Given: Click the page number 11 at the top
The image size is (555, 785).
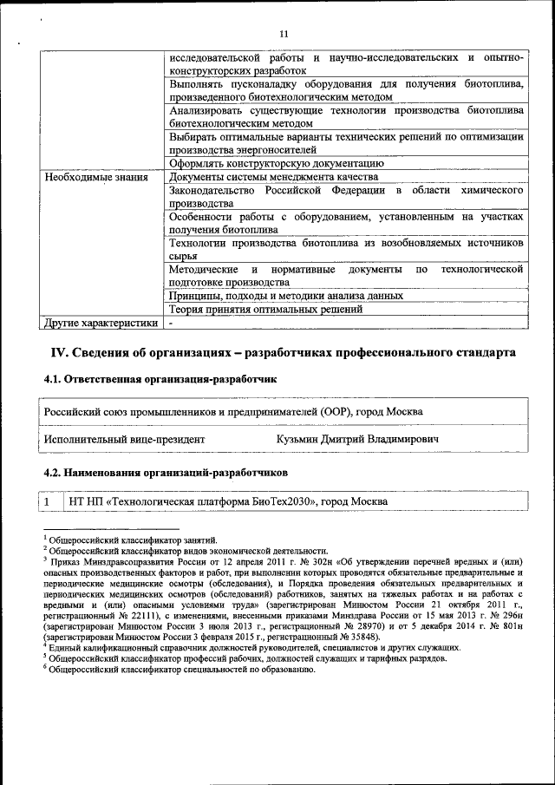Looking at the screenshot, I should tap(284, 34).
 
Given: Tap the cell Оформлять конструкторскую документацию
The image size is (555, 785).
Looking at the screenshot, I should tap(277, 162).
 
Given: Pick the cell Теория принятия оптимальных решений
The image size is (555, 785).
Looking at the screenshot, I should tap(265, 310).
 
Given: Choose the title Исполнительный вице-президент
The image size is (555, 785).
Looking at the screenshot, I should tap(125, 440).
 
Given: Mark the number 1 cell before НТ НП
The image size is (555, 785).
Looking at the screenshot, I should tap(50, 502).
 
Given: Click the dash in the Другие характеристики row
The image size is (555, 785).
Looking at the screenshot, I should tap(172, 324).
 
